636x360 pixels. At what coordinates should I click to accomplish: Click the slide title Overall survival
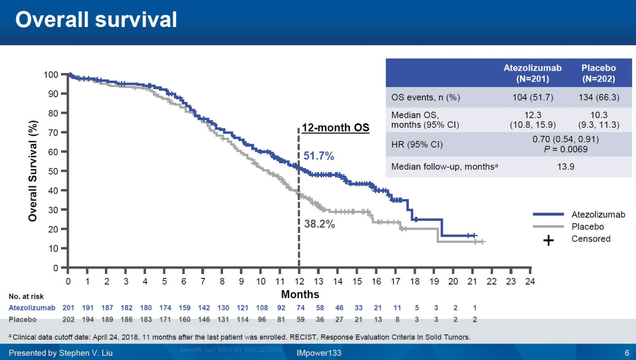tap(96, 20)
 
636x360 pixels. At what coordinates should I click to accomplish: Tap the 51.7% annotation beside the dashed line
tap(318, 156)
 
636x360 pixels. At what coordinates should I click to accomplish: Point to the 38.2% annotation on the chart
tap(319, 224)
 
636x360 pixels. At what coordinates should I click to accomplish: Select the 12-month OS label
tap(335, 128)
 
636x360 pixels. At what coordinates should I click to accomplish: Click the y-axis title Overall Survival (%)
tap(33, 171)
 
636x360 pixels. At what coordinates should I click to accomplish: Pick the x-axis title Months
tap(300, 294)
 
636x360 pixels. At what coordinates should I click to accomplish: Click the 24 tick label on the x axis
tap(530, 282)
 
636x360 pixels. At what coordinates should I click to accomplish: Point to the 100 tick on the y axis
tap(51, 75)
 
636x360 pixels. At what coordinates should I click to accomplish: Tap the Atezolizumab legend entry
tap(598, 214)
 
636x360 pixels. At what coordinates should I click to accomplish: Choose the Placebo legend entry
tap(588, 227)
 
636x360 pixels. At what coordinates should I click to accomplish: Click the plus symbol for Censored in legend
tap(549, 240)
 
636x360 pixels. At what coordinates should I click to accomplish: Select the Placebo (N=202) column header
tap(598, 73)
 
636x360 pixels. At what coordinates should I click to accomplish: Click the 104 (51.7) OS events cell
tap(532, 97)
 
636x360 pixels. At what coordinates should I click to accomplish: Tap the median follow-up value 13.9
tap(565, 167)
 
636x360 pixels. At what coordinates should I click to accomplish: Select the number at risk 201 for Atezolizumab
tap(68, 308)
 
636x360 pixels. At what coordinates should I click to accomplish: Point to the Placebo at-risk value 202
tap(68, 319)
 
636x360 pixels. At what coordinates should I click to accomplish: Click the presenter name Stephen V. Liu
tap(85, 353)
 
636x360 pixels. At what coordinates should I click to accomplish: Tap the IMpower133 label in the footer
tap(318, 353)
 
